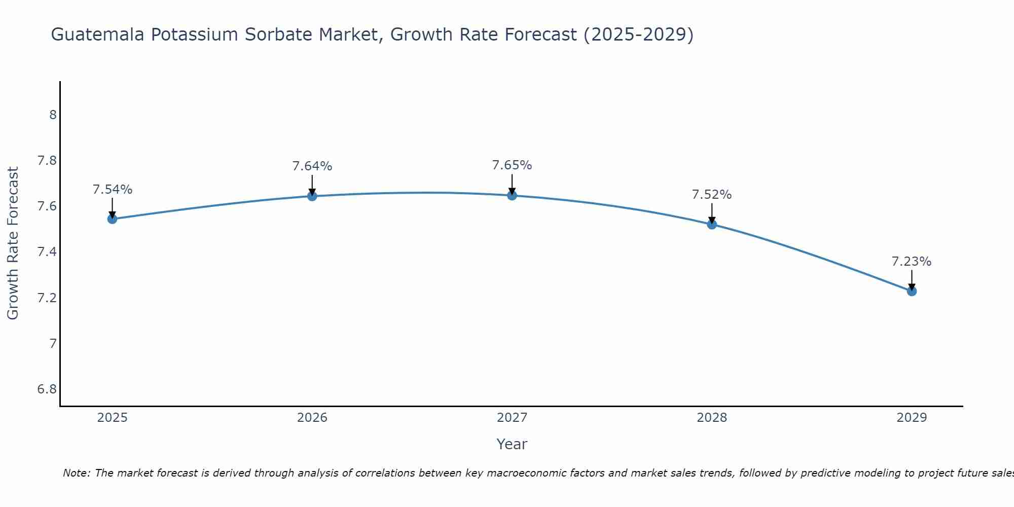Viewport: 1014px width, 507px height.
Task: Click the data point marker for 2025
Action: [113, 219]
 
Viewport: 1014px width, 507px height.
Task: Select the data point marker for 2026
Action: [312, 196]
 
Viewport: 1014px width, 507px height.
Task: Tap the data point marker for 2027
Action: [512, 195]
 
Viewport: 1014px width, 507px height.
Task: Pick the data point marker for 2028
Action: [712, 224]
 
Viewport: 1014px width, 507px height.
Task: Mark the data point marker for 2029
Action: [912, 291]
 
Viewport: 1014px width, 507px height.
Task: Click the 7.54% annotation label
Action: [113, 190]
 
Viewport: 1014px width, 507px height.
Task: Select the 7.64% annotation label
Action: [312, 166]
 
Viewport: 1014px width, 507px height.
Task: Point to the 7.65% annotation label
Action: [512, 165]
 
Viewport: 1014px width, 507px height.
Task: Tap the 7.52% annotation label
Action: [712, 195]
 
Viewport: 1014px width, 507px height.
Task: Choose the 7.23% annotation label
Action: [912, 262]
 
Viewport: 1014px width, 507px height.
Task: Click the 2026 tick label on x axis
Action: [312, 418]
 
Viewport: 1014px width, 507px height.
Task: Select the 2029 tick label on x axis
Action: [912, 418]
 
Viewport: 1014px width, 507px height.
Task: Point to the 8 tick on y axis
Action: [53, 115]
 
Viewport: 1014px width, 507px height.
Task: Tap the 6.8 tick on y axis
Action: [47, 389]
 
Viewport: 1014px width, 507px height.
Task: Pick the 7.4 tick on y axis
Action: [47, 252]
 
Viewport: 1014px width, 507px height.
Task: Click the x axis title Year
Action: [512, 444]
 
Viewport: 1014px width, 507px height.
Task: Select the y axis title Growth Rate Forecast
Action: [13, 243]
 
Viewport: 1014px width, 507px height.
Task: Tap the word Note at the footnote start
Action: [76, 473]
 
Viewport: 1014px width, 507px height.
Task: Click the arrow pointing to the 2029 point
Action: [912, 280]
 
